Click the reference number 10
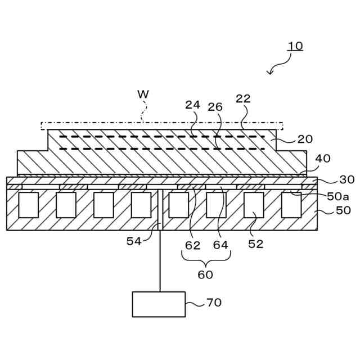pyautogui.click(x=295, y=46)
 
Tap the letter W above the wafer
pyautogui.click(x=143, y=93)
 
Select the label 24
pyautogui.click(x=193, y=105)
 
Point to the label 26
pyautogui.click(x=215, y=107)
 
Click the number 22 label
pyautogui.click(x=243, y=98)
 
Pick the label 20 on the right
pyautogui.click(x=305, y=139)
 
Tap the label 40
pyautogui.click(x=322, y=159)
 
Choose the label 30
pyautogui.click(x=347, y=179)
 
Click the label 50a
pyautogui.click(x=338, y=196)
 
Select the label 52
pyautogui.click(x=256, y=244)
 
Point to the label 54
pyautogui.click(x=134, y=241)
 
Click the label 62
pyautogui.click(x=193, y=245)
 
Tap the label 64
pyautogui.click(x=220, y=245)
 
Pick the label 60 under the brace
pyautogui.click(x=205, y=274)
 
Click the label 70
pyautogui.click(x=214, y=303)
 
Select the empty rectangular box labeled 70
pyautogui.click(x=159, y=304)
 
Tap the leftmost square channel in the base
pyautogui.click(x=28, y=205)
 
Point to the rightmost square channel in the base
pyautogui.click(x=291, y=205)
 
